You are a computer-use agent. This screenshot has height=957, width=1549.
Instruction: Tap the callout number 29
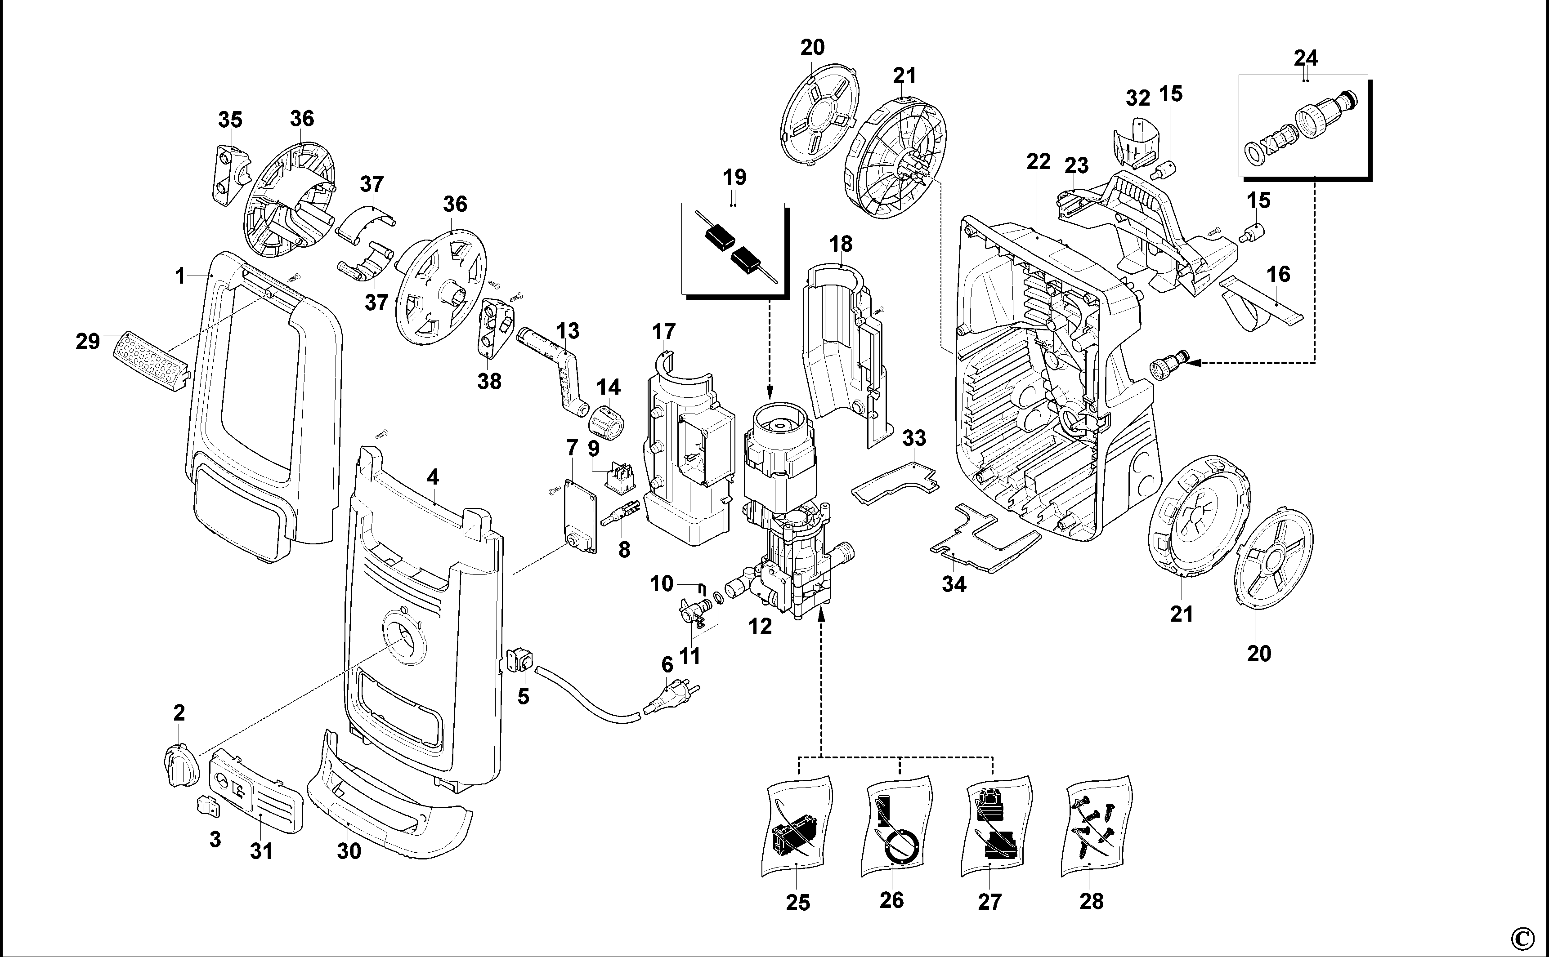88,342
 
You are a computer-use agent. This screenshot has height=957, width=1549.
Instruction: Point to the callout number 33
914,438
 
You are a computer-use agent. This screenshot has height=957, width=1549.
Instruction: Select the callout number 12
760,626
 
